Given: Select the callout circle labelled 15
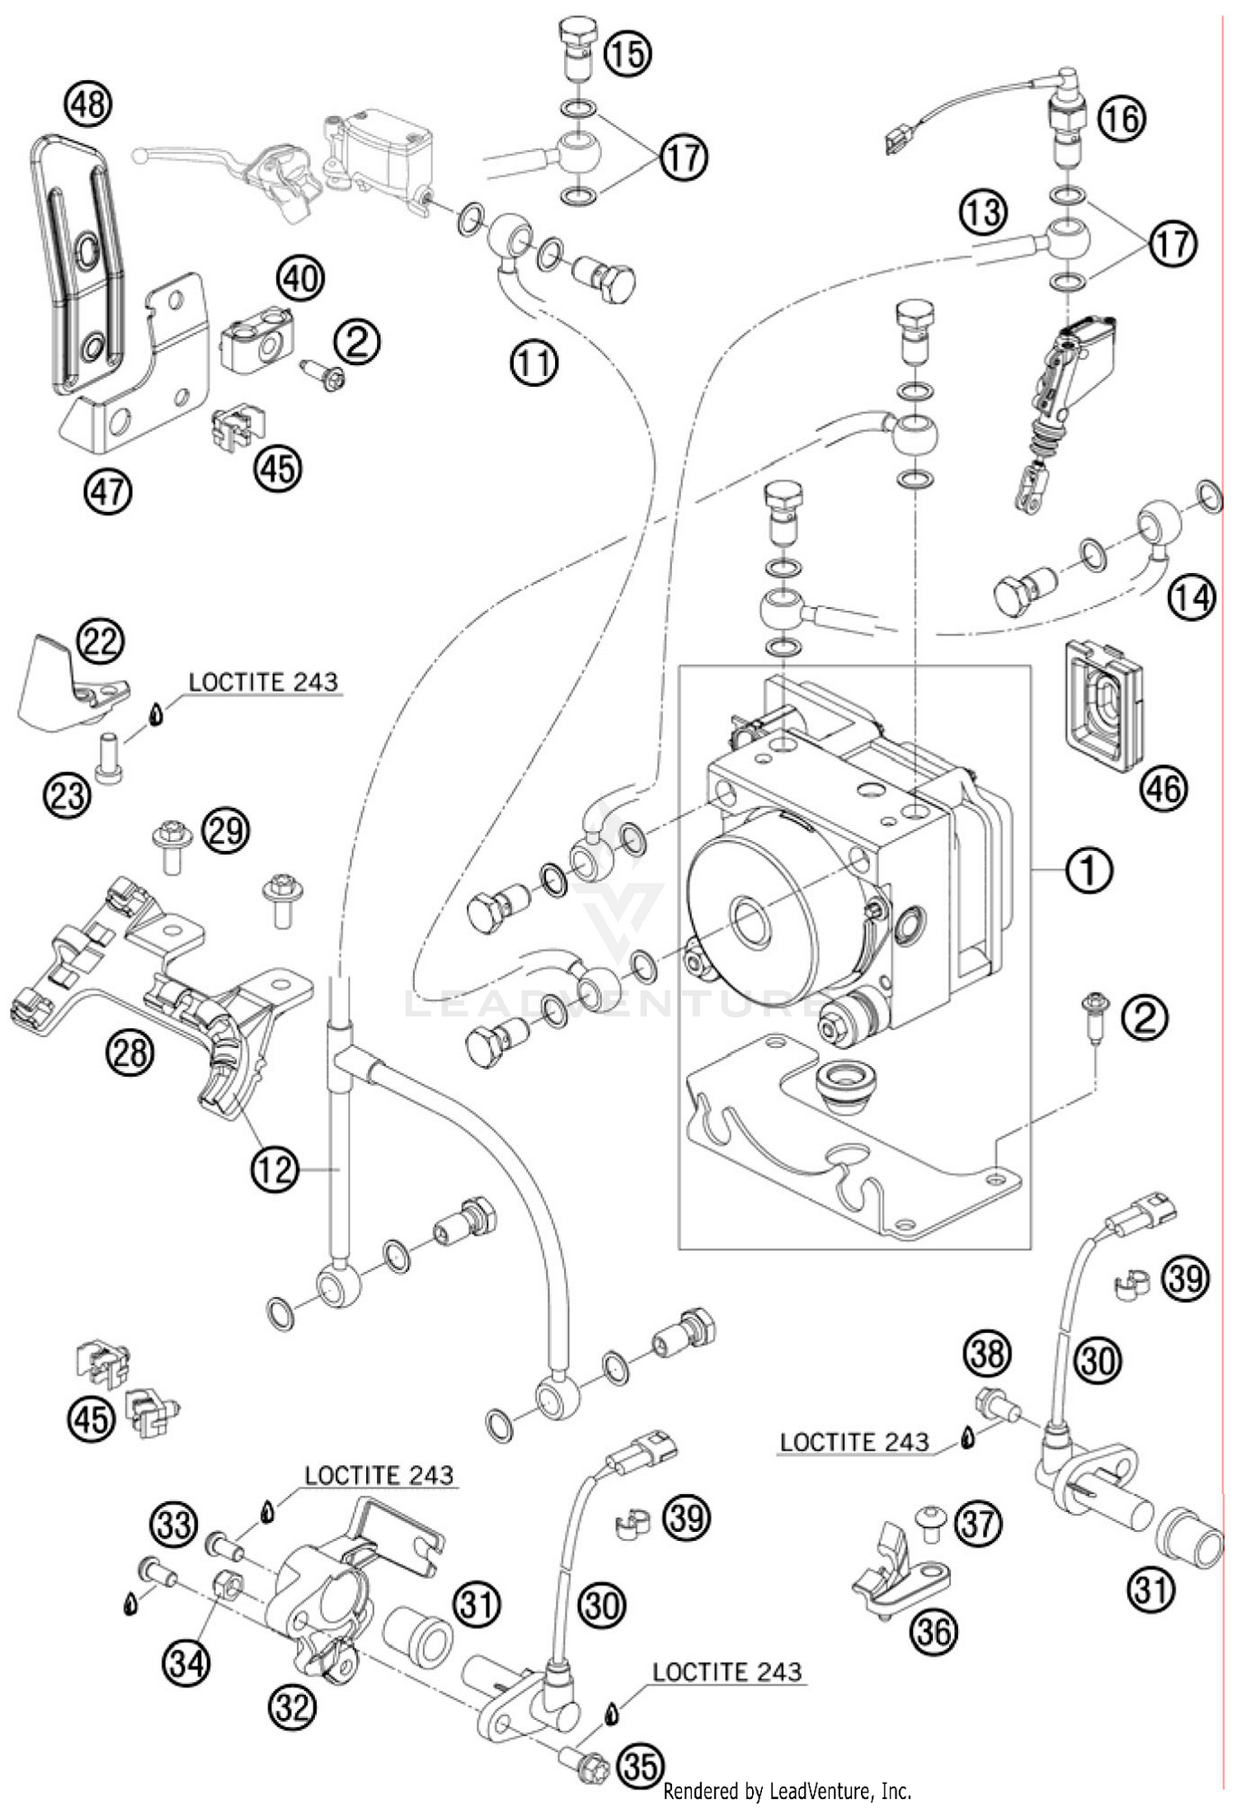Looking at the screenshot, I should pos(627,54).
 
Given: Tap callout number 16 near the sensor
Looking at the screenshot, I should pos(1122,120).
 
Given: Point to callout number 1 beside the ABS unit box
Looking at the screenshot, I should pos(1089,869).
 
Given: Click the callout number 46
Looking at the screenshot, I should pos(1163,789).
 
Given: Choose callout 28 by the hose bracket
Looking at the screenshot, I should pos(130,1053).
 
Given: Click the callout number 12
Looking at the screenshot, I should pos(274,1168).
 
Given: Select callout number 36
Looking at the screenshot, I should pos(934,1631).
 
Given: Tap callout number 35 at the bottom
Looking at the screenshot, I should pos(641,1765).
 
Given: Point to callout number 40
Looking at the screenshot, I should pos(299,278).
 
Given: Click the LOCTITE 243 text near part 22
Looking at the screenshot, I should pos(263,682).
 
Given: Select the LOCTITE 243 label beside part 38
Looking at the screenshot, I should pos(854,1442).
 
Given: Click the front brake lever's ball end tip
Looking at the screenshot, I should pos(141,153).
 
